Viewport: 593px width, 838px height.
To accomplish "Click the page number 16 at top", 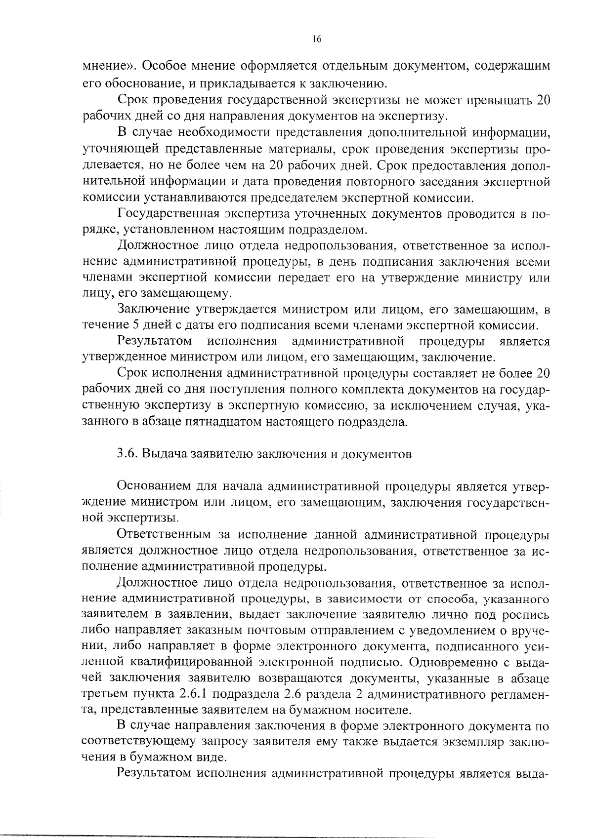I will click(317, 40).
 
